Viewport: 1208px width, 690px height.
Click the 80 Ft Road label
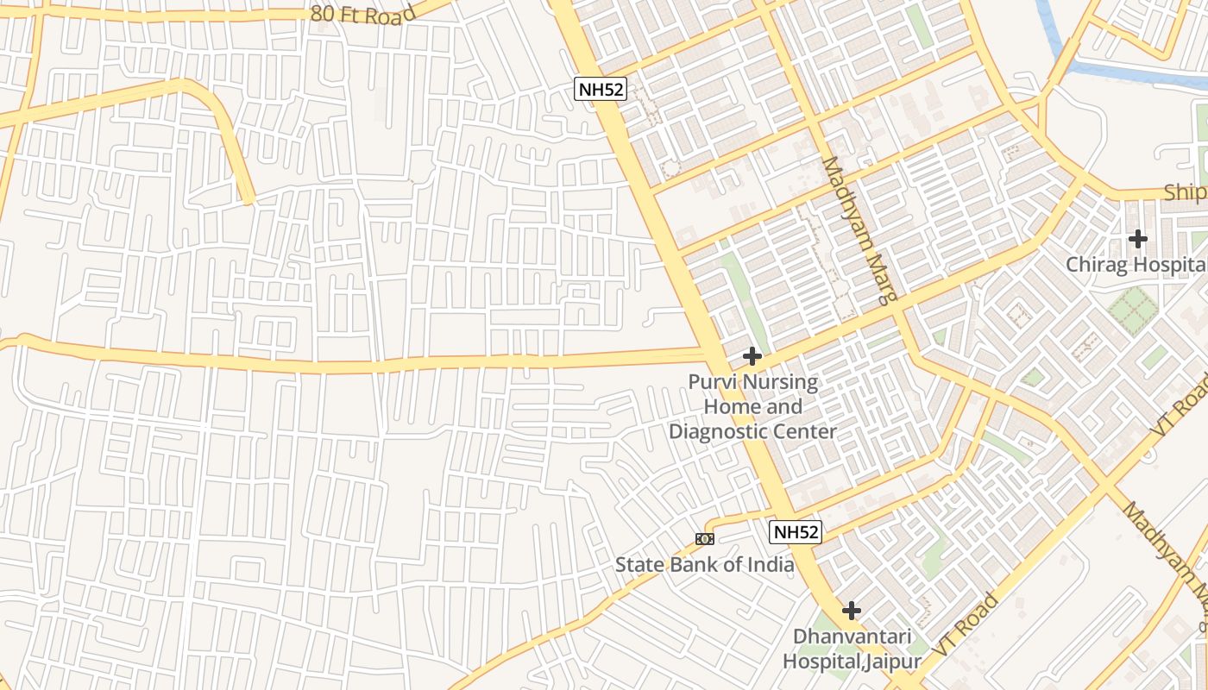(x=363, y=13)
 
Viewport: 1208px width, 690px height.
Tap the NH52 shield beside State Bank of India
(x=795, y=532)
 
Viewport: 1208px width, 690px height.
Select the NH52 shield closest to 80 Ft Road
(x=600, y=89)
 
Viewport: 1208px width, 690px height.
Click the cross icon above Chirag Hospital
(x=1138, y=238)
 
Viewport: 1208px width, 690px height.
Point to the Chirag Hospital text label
(x=1136, y=265)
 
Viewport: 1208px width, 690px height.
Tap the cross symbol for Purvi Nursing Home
(x=752, y=355)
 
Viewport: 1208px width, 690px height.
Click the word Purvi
(x=712, y=381)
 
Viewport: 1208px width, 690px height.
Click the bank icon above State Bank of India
(x=704, y=539)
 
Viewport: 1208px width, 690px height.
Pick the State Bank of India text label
(x=704, y=565)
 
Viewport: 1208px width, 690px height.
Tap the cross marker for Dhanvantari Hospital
(x=852, y=611)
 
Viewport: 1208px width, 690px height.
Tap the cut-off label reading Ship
(x=1185, y=192)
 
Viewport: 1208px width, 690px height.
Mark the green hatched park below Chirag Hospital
(x=1132, y=310)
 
